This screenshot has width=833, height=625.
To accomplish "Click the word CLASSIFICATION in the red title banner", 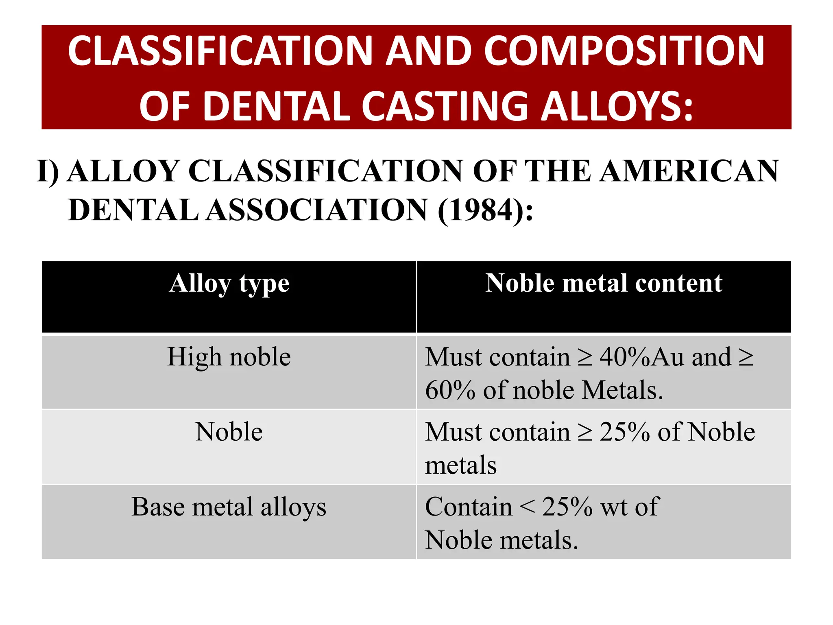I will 220,51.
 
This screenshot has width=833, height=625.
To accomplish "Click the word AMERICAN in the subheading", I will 689,171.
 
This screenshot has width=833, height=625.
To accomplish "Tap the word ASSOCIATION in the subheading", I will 317,210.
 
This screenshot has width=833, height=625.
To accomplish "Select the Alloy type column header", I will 229,283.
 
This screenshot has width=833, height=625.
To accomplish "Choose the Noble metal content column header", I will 604,283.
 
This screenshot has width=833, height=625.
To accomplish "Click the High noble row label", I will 229,357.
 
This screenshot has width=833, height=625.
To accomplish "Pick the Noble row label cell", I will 229,432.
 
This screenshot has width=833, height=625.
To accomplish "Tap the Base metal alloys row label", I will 229,507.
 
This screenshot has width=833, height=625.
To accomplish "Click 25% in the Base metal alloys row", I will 567,507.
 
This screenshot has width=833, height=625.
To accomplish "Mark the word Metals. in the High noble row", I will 622,390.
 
